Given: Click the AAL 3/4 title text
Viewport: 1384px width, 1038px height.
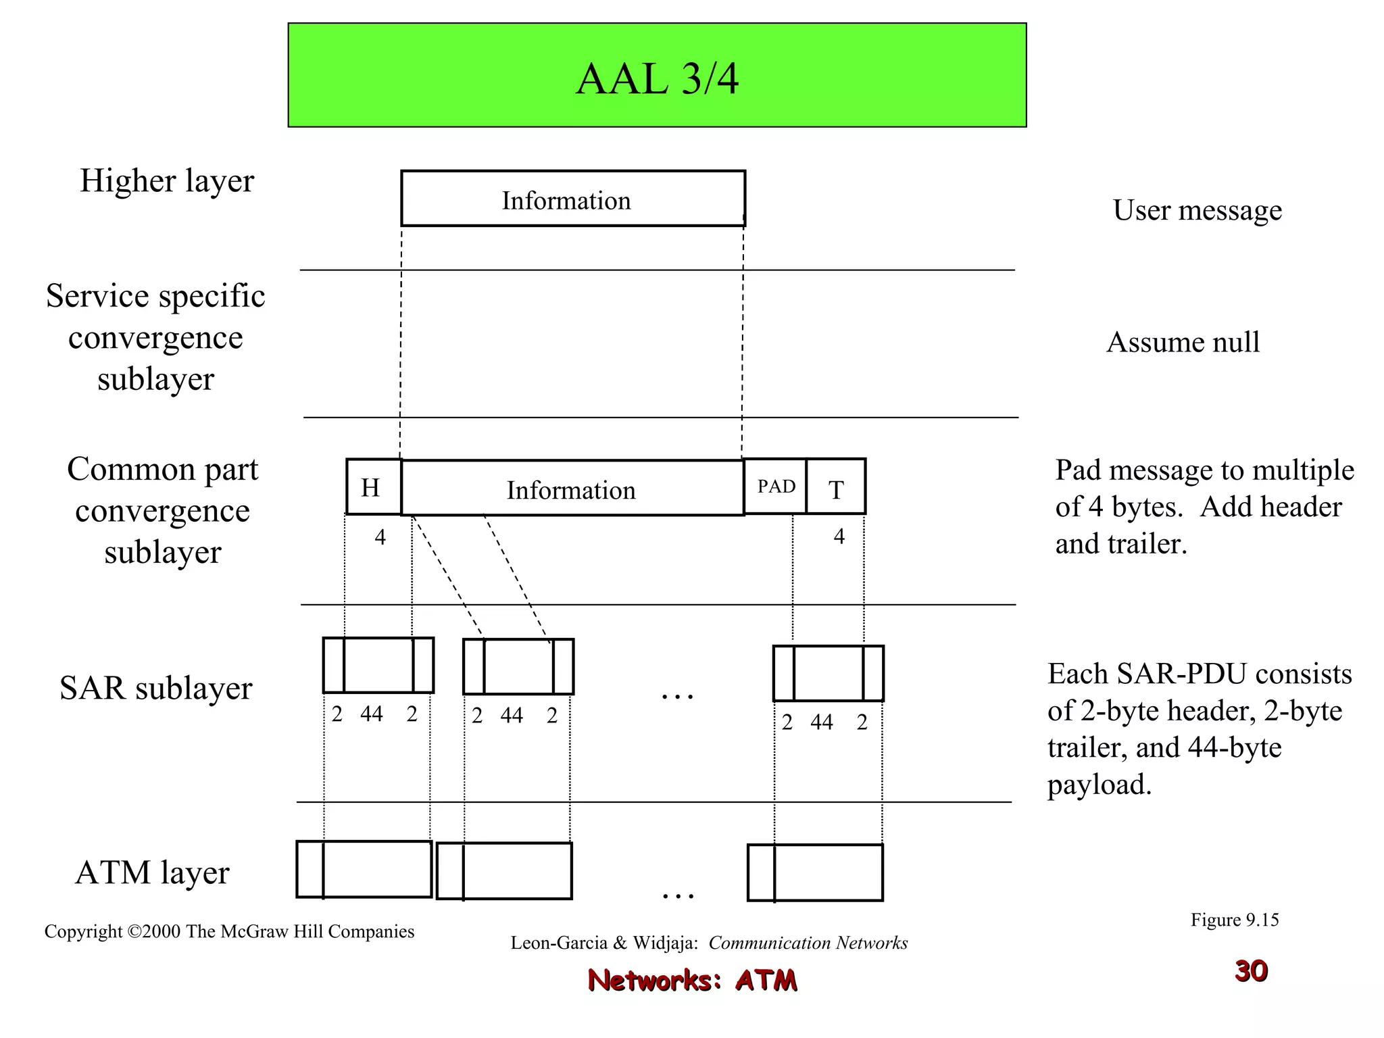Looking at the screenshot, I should coord(657,79).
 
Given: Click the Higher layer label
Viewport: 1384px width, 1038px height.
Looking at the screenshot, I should coord(166,181).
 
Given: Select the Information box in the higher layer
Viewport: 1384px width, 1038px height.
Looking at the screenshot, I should coord(572,199).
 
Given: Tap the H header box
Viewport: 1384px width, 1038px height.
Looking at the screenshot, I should coord(372,487).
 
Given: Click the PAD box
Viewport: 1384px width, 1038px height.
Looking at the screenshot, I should coord(775,487).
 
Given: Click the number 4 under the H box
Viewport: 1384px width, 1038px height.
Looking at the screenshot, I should coord(380,537).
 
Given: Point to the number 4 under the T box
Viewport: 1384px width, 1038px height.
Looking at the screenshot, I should coord(839,537).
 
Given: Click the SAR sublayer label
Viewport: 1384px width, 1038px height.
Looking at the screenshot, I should coord(155,688).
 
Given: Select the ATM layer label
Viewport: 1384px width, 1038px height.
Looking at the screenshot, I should coord(152,872).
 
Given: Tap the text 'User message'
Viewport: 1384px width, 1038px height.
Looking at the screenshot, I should coord(1197,210).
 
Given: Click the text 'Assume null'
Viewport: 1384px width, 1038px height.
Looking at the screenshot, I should coord(1183,342).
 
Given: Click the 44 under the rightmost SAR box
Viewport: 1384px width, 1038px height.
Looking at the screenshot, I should coord(822,722).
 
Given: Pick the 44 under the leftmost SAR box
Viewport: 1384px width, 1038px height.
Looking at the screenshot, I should coord(372,714).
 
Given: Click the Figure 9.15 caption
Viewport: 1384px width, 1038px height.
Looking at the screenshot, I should coord(1234,920).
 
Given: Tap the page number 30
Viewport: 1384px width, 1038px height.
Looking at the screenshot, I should coord(1251,971).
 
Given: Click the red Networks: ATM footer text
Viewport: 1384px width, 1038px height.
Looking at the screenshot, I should coord(692,980).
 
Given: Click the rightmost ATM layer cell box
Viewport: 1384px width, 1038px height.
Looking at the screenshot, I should coord(815,872).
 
